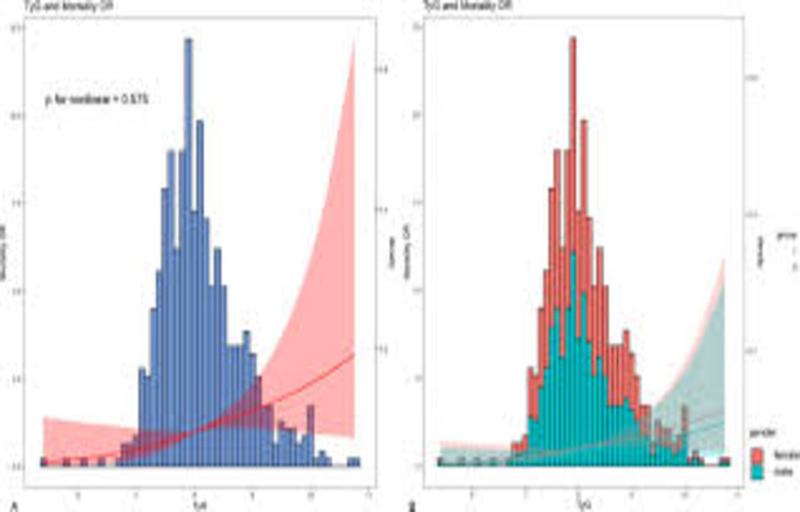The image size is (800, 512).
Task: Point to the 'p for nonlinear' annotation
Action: coord(96,99)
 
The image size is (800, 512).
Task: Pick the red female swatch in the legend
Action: coord(757,454)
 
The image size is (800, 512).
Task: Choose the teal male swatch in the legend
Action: coord(757,473)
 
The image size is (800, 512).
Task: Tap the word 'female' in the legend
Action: coord(786,455)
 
